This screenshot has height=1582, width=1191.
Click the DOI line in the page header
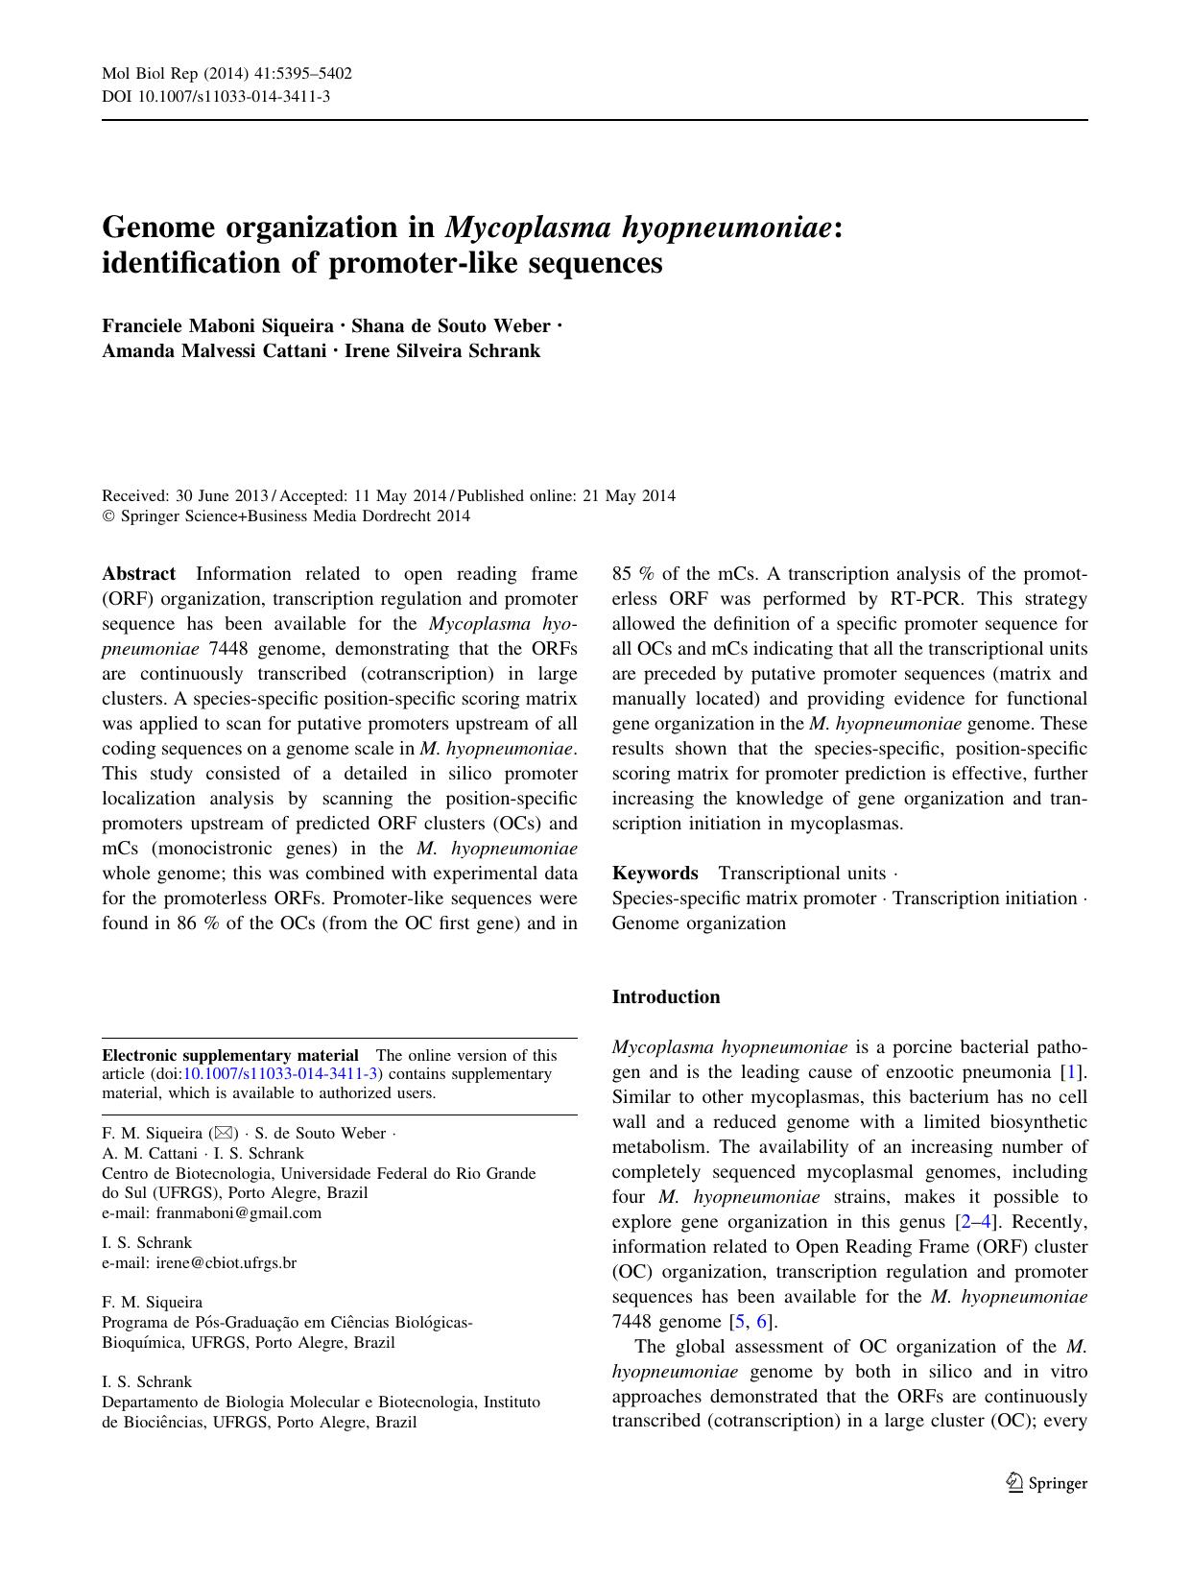pyautogui.click(x=216, y=96)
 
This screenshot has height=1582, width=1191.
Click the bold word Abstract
pyautogui.click(x=138, y=574)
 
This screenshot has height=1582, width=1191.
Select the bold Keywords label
pyautogui.click(x=655, y=873)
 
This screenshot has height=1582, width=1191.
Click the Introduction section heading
pyautogui.click(x=665, y=996)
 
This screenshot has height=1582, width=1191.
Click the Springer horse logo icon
pyautogui.click(x=1014, y=1483)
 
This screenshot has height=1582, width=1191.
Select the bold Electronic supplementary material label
pyautogui.click(x=230, y=1055)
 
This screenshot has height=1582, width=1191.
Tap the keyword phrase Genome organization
pyautogui.click(x=699, y=923)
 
